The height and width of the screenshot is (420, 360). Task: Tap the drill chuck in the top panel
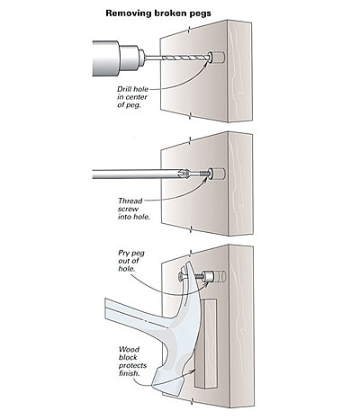click(131, 58)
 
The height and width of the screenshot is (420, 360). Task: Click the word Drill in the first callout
click(124, 89)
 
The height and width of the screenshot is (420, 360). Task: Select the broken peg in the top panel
click(217, 57)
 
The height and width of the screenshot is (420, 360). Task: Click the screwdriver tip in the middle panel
click(184, 174)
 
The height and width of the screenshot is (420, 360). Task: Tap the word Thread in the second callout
click(130, 201)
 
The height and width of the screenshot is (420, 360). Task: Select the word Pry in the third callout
click(123, 254)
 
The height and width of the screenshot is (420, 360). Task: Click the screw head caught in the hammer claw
click(181, 276)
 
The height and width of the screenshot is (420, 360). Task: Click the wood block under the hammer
click(206, 343)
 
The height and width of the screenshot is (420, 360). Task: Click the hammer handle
click(138, 314)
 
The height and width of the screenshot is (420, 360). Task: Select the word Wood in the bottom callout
click(129, 350)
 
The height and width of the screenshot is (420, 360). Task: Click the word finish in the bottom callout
click(130, 373)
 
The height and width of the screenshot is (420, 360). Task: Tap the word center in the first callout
click(137, 97)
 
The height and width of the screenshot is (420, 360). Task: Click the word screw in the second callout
click(128, 209)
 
